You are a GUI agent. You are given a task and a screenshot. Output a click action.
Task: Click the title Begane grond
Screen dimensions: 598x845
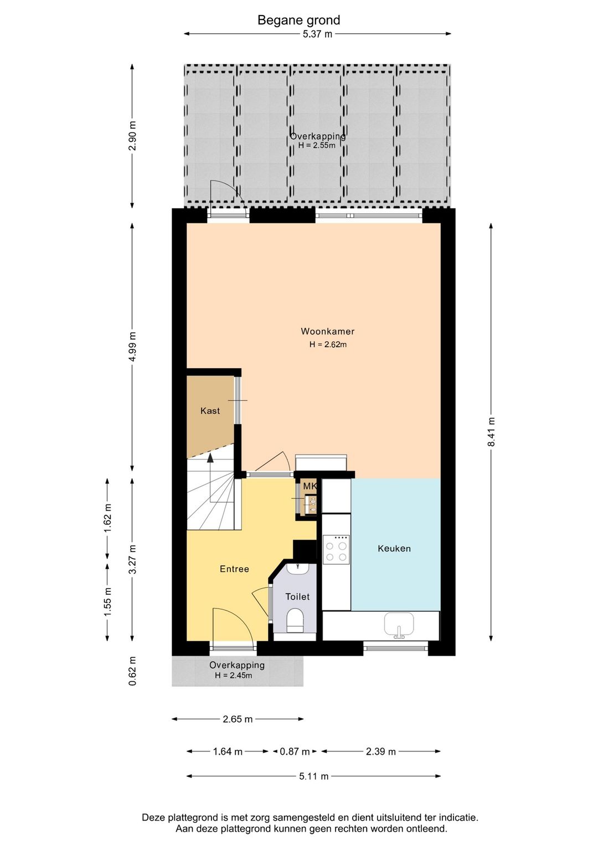pos(298,20)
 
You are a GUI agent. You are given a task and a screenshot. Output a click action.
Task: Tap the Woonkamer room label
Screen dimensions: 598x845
pos(327,331)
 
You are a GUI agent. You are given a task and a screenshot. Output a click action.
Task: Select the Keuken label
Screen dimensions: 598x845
pos(394,548)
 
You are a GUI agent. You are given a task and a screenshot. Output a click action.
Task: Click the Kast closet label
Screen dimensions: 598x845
pos(210,410)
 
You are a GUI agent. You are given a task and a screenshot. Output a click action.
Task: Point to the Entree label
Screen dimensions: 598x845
pos(234,569)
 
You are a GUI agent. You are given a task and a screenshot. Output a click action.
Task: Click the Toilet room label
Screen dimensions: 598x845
pos(297,596)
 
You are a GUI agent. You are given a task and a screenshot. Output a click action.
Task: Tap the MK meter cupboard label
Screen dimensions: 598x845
pos(310,486)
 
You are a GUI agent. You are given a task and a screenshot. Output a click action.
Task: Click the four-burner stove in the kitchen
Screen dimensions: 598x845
pos(336,550)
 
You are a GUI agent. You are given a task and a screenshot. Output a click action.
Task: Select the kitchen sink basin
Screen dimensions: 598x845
pos(399,624)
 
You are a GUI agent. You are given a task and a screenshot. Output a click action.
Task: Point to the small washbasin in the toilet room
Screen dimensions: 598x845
pos(298,569)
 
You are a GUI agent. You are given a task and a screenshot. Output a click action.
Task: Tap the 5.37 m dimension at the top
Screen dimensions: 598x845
pos(317,34)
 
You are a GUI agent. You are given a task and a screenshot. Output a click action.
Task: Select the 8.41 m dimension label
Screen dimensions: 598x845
pos(491,432)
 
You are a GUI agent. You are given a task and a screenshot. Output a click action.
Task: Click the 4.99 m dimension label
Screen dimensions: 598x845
pos(132,347)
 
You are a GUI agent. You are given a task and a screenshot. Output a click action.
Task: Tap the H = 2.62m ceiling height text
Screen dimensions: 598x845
pos(328,344)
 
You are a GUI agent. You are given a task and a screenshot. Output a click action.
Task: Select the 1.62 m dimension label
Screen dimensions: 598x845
pos(107,518)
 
